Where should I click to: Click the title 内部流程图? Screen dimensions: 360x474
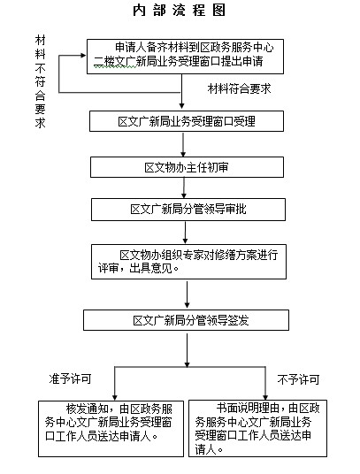click(180, 11)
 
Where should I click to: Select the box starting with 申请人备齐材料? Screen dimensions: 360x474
click(185, 57)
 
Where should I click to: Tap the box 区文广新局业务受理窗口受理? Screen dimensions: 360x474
click(187, 121)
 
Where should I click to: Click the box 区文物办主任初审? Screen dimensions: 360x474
click(187, 167)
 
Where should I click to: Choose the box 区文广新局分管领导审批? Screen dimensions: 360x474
click(188, 210)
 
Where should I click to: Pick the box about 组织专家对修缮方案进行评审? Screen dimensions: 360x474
click(188, 262)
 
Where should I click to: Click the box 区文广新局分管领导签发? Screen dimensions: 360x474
click(187, 320)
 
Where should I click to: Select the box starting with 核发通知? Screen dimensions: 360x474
click(111, 429)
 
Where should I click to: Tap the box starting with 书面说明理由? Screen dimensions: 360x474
click(257, 428)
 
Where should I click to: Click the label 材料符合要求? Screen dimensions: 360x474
click(239, 88)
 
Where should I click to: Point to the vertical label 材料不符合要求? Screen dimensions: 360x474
click(40, 81)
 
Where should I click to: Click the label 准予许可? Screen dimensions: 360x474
click(70, 378)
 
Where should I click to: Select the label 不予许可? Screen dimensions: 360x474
click(298, 379)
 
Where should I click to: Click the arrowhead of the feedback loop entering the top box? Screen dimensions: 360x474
click(83, 56)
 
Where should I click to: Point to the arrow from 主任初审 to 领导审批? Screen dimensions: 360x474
click(184, 187)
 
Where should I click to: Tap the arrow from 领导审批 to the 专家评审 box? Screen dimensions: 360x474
click(185, 233)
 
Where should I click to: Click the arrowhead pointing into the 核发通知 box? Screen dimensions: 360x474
click(115, 398)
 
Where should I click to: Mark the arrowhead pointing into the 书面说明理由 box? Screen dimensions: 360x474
click(265, 397)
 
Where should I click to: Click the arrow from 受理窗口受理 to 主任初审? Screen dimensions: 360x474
click(183, 144)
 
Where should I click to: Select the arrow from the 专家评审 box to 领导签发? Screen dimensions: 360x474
click(188, 294)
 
